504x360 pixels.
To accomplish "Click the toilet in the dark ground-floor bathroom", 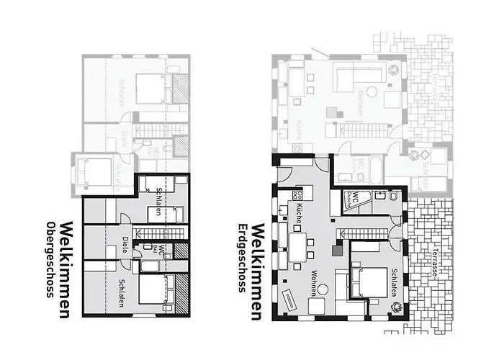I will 395,196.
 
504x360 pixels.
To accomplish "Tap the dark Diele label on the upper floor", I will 125,243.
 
